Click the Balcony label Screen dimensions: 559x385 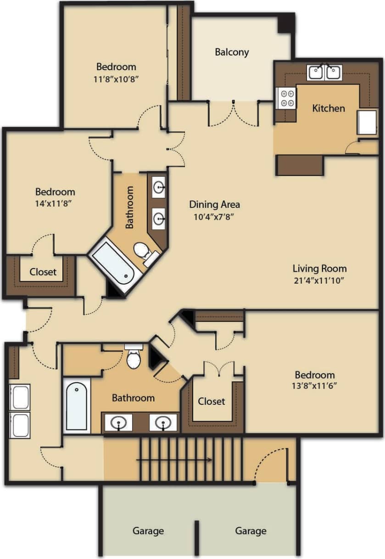(x=232, y=52)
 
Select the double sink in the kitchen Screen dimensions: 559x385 (x=324, y=73)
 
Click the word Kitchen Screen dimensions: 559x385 (x=328, y=108)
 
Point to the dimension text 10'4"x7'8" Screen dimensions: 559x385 (x=214, y=217)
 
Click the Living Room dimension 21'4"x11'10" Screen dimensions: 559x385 (x=320, y=280)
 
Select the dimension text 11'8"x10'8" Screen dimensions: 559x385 (x=116, y=78)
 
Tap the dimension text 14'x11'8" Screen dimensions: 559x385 (x=56, y=204)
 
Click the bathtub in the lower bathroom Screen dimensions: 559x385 (x=76, y=406)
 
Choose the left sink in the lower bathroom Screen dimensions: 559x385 (x=119, y=423)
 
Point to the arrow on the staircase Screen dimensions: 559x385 (x=174, y=459)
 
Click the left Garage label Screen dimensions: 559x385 (x=148, y=531)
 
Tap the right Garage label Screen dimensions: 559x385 (x=251, y=531)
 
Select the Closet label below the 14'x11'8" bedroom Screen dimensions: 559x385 (x=43, y=272)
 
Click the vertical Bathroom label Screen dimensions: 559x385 (x=130, y=207)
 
